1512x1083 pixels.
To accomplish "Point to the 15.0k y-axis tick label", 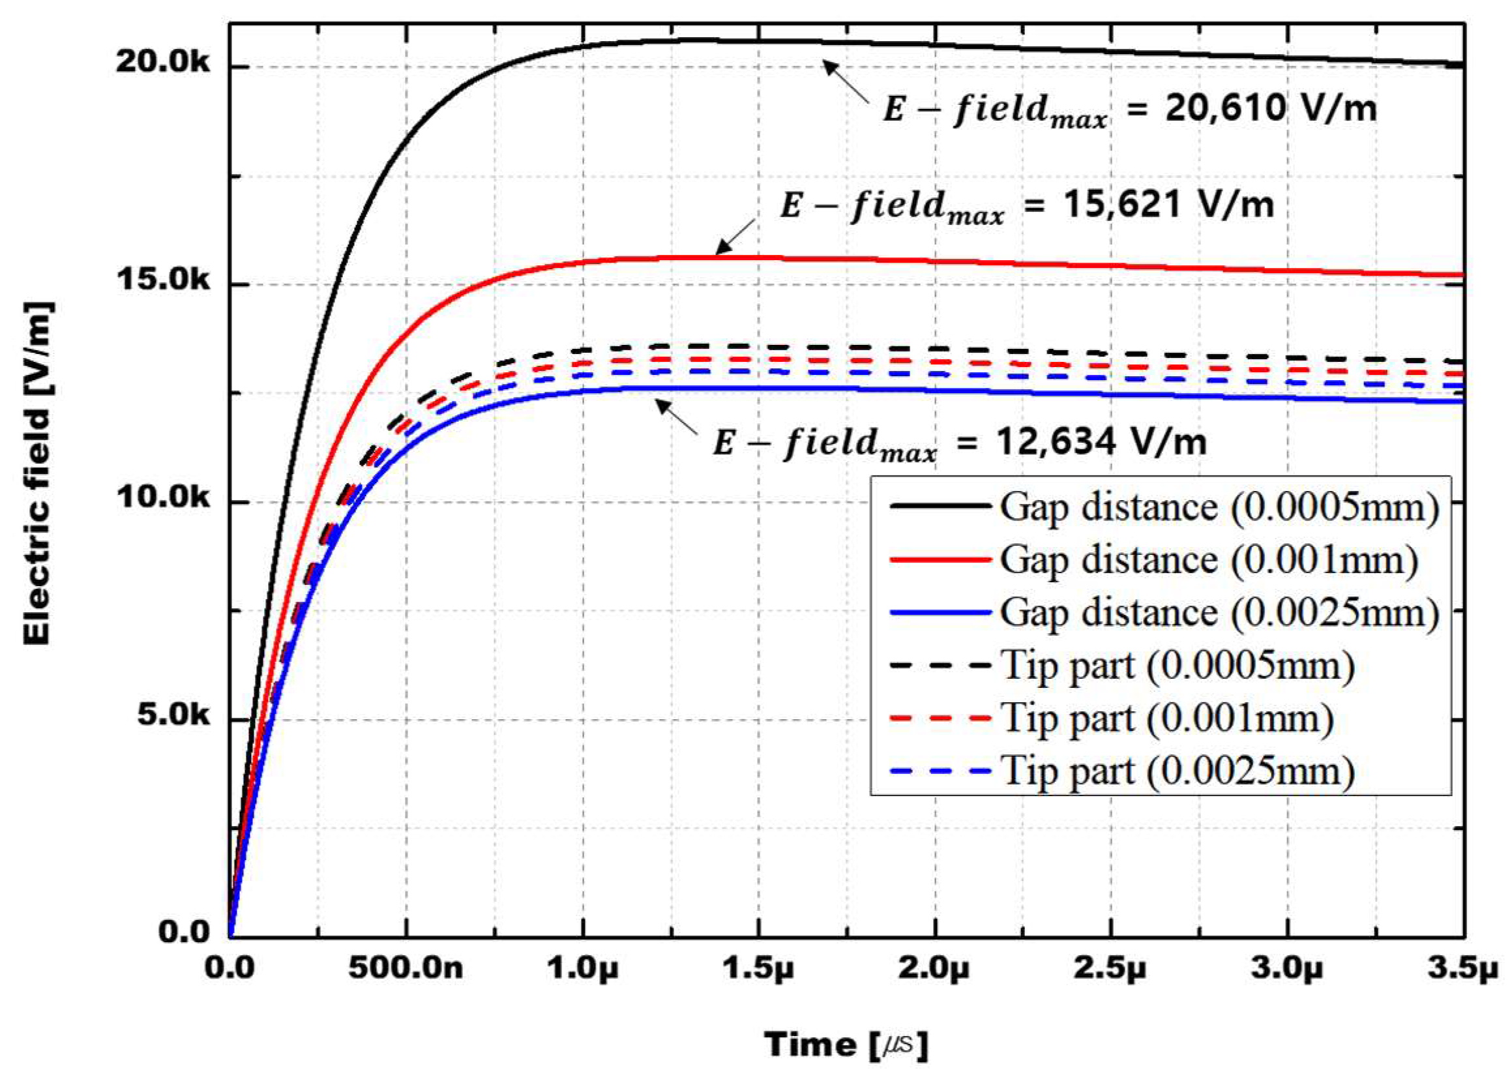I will [162, 280].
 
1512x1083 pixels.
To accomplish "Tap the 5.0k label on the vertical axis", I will [173, 715].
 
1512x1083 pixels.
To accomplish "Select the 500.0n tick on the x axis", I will [406, 968].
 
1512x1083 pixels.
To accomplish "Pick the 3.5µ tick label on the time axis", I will [1462, 968].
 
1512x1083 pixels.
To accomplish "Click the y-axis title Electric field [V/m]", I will [37, 473].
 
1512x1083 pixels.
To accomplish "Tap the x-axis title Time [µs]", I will [846, 1045].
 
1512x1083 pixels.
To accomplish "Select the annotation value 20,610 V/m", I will [1271, 108].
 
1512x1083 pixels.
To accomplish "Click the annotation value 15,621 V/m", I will [1167, 204].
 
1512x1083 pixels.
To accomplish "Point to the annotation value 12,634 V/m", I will [1101, 441].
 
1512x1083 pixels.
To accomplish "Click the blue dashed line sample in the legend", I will [940, 771].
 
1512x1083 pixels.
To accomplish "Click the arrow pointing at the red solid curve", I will [737, 237].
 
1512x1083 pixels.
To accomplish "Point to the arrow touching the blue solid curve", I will [677, 416].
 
